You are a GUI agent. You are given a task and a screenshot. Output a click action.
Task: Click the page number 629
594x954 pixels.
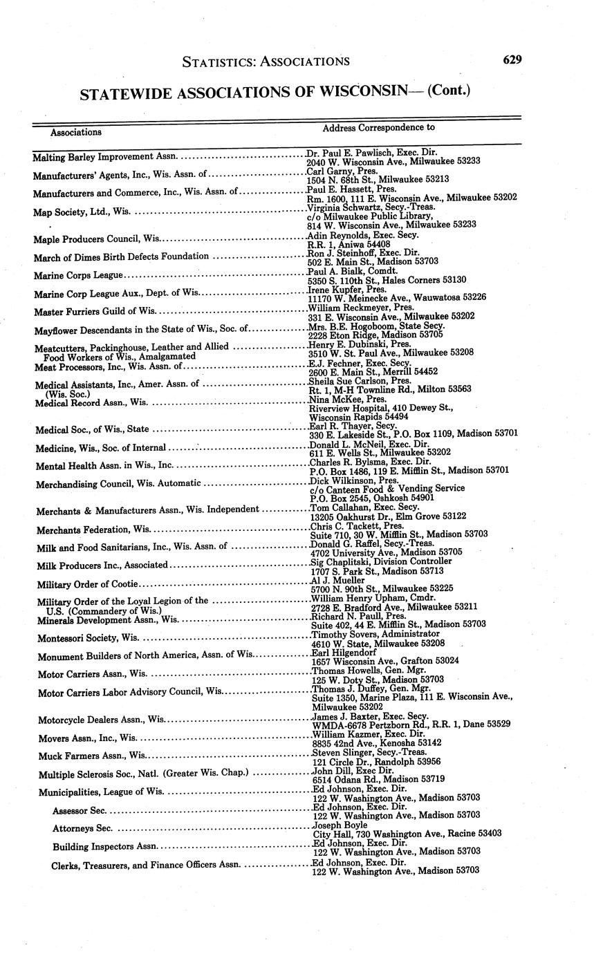(512, 59)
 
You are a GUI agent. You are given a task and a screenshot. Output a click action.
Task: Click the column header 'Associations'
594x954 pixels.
(76, 132)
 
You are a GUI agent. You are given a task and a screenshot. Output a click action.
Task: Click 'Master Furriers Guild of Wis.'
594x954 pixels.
(95, 311)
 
